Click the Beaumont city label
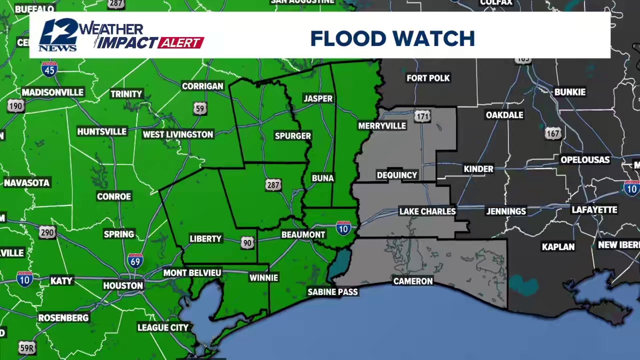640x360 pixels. (x=303, y=234)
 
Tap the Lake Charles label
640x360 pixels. (x=427, y=211)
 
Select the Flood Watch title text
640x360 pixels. (x=392, y=39)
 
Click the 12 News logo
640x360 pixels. (x=58, y=35)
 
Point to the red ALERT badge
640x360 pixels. (x=181, y=43)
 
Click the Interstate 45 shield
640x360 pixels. (x=49, y=69)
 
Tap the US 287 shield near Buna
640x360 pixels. (x=273, y=185)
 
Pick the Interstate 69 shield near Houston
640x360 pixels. (x=135, y=260)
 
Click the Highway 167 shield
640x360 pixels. (x=552, y=133)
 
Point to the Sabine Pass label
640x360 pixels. (x=332, y=292)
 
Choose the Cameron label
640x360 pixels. (x=413, y=281)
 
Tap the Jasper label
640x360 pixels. (x=318, y=98)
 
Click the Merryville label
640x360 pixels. (x=382, y=126)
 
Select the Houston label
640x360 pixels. (x=123, y=285)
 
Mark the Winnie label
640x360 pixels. (x=263, y=277)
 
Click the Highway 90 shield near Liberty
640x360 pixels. (x=248, y=242)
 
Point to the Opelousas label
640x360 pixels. (x=584, y=160)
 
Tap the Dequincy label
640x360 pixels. (x=397, y=175)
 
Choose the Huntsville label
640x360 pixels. (x=102, y=131)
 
